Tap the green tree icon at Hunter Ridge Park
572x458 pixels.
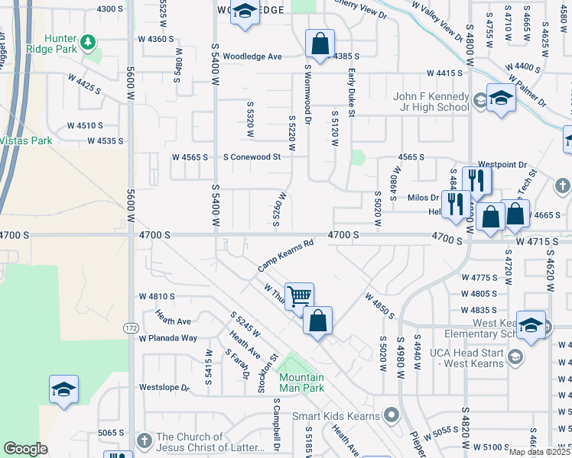(x=89, y=40)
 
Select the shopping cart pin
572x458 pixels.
(x=299, y=295)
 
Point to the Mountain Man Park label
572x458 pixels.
(x=301, y=382)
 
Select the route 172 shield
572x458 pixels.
(x=132, y=327)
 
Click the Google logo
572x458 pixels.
(x=25, y=449)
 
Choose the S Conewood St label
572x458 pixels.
(x=252, y=156)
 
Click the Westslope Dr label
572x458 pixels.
(x=163, y=388)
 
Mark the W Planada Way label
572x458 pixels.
(x=167, y=338)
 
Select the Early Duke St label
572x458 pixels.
(x=352, y=92)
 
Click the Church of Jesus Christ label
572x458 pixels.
(x=209, y=442)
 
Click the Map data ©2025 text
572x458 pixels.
(x=539, y=452)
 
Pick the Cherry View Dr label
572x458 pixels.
(x=359, y=9)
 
